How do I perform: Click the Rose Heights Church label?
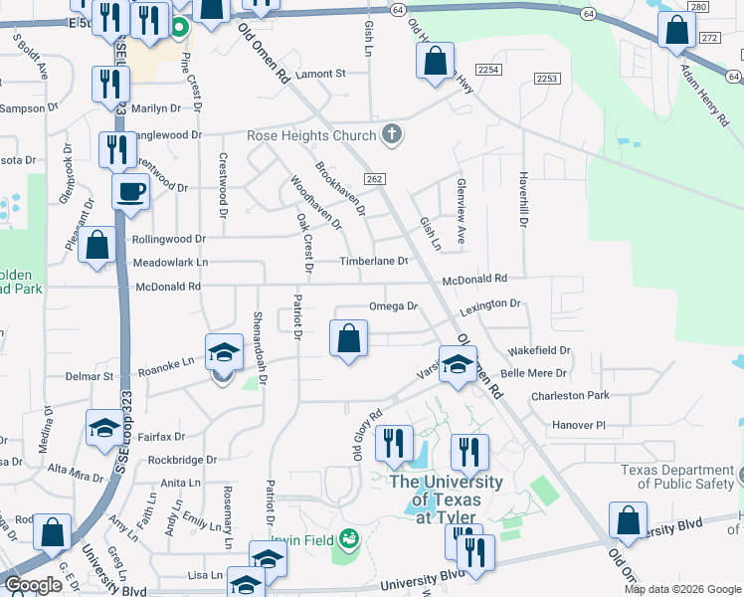[x=311, y=135]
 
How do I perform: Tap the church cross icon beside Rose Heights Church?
[x=392, y=135]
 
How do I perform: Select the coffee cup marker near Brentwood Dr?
[x=129, y=193]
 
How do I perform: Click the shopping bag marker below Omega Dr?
[x=348, y=338]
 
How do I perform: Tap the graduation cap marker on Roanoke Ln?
[x=225, y=352]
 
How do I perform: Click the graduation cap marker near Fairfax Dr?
[x=104, y=428]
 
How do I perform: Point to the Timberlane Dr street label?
[x=374, y=261]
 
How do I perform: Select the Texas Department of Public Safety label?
[x=677, y=478]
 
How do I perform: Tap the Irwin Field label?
[x=305, y=538]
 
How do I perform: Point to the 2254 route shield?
[x=487, y=70]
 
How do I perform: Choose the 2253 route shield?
[x=546, y=79]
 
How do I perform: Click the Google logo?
[x=34, y=585]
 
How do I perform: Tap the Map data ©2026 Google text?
[x=681, y=589]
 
